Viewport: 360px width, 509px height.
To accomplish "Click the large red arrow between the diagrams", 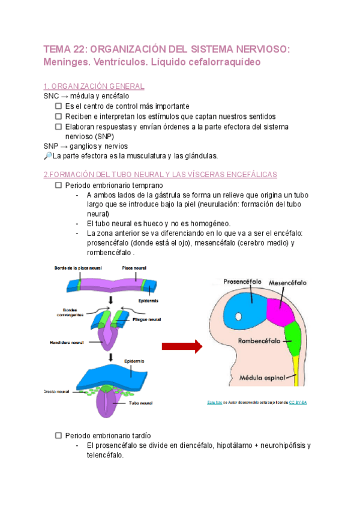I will point(181,346).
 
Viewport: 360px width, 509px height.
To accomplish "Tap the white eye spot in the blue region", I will point(238,316).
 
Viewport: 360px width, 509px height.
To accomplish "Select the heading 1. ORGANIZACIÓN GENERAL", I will point(94,86).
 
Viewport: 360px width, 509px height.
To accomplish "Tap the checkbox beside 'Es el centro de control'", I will point(58,106).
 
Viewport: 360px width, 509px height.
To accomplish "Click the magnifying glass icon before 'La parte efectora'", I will point(48,156).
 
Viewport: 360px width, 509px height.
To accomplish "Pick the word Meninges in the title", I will point(68,62).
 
